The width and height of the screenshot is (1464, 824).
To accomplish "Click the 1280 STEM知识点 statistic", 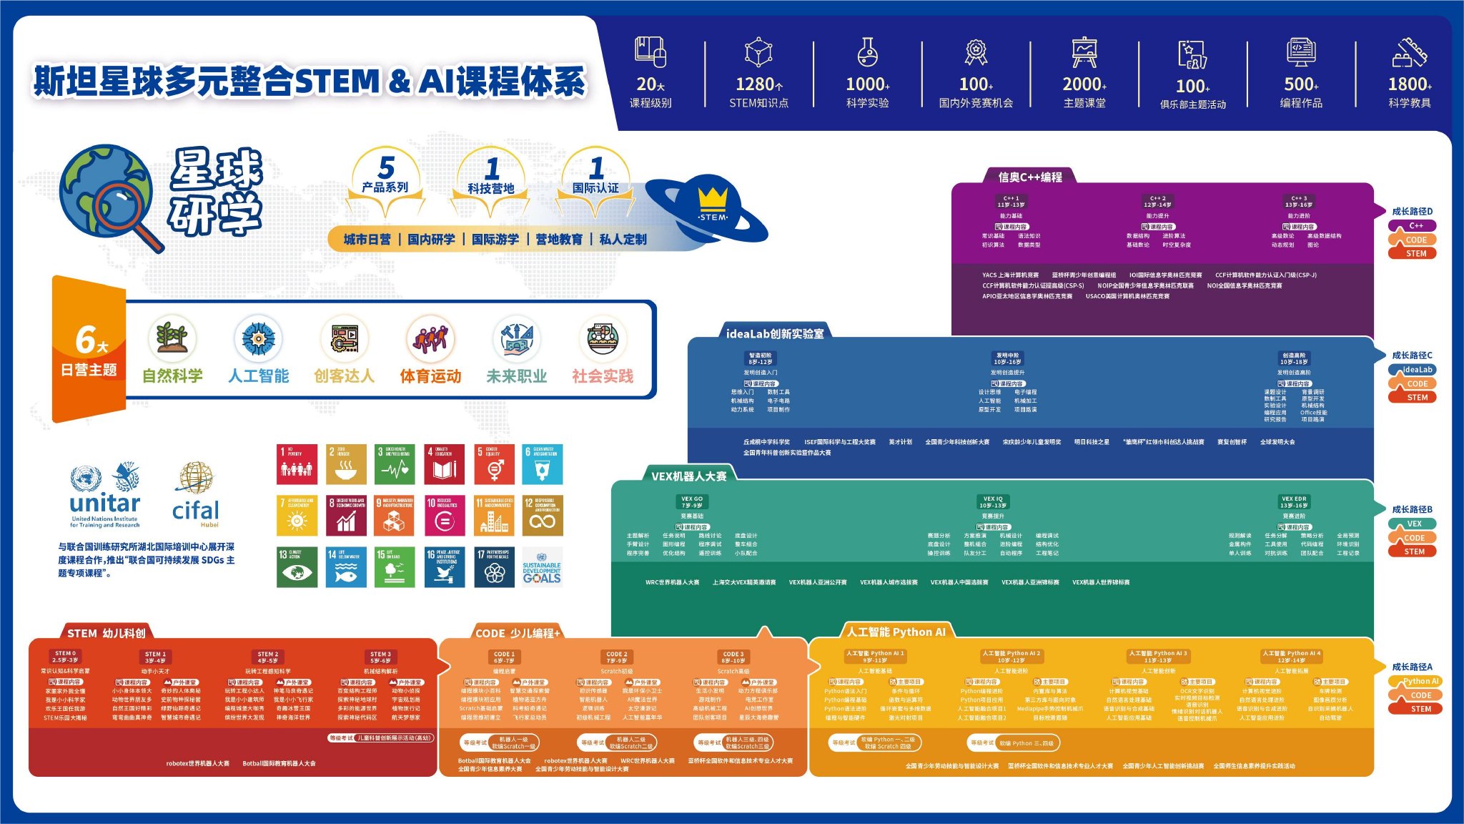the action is pos(758,85).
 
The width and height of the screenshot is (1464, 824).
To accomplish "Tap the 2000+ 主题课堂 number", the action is pos(1084,84).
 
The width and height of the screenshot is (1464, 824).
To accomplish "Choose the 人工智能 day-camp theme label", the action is pos(258,376).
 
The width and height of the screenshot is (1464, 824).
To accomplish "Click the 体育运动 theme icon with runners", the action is pos(430,338).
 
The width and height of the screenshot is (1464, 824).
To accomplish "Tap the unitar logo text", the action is pos(105,504).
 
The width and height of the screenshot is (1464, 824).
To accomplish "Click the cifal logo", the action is pos(195,494).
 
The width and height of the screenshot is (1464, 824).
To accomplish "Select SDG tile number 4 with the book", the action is pos(445,464).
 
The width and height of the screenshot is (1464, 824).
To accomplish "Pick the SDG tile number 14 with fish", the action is pos(347,567).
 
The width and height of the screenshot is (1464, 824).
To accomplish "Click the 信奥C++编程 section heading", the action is pos(1029,177).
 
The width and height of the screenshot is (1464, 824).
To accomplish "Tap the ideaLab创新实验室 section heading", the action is pos(774,333).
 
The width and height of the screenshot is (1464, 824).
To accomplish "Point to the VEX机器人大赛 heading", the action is pos(688,476).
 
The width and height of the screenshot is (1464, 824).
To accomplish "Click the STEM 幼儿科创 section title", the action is pos(106,633).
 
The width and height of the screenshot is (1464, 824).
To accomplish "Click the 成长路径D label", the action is pos(1412,211).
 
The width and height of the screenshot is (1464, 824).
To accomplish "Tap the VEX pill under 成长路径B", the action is pos(1414,524).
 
